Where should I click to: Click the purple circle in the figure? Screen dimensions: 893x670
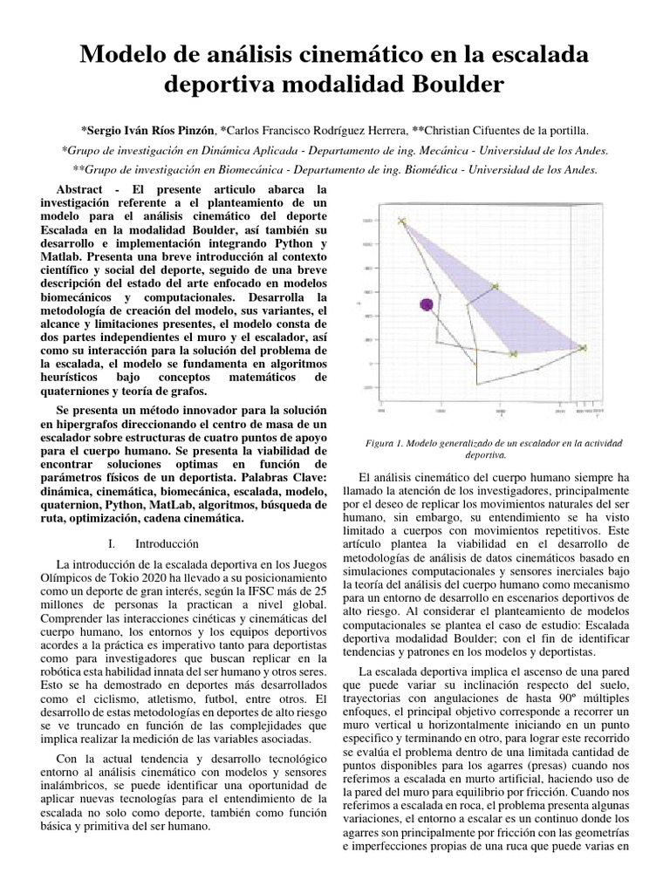pyautogui.click(x=427, y=303)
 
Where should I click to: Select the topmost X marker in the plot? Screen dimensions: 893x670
pyautogui.click(x=402, y=222)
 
